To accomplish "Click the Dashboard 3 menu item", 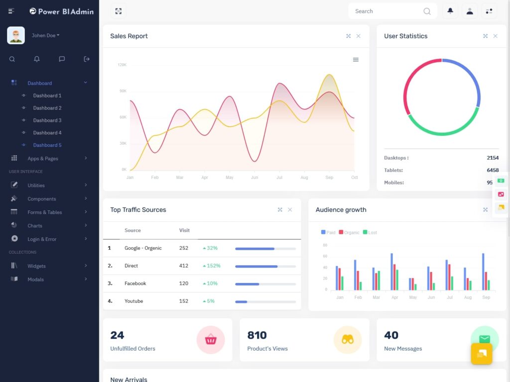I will click(47, 120).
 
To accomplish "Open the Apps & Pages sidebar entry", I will click(43, 159).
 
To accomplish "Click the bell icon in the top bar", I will click(450, 11).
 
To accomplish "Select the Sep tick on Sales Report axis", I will click(329, 178).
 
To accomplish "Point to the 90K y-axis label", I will click(123, 91).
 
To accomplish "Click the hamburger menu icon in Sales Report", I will click(356, 60).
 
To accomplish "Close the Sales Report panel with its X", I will click(358, 36).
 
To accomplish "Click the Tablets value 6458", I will click(493, 170).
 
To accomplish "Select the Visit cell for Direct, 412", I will click(184, 266).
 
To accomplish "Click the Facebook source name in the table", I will click(135, 284).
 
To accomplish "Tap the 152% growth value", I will click(213, 266).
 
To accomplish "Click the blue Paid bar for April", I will click(391, 271).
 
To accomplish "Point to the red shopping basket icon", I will click(211, 340).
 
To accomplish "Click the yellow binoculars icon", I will click(348, 340).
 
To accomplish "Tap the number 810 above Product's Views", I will click(257, 335).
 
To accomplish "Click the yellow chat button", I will click(482, 354).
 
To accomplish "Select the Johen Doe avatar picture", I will click(16, 35).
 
